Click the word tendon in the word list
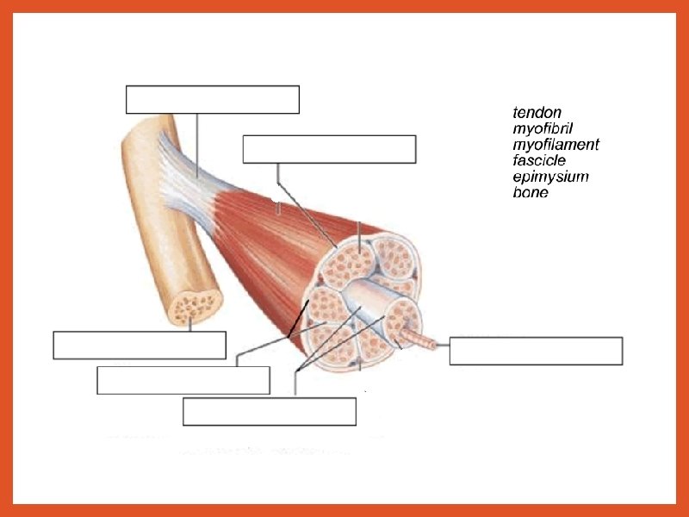point(537,112)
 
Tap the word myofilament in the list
point(556,144)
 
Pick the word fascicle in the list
point(539,160)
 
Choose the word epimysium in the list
point(550,177)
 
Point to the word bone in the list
point(531,192)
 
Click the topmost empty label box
point(213,100)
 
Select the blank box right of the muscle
point(536,352)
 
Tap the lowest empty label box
point(270,412)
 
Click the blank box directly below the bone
point(140,345)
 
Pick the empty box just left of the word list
point(329,149)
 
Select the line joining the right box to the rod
point(440,345)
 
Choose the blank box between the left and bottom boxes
point(183,380)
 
